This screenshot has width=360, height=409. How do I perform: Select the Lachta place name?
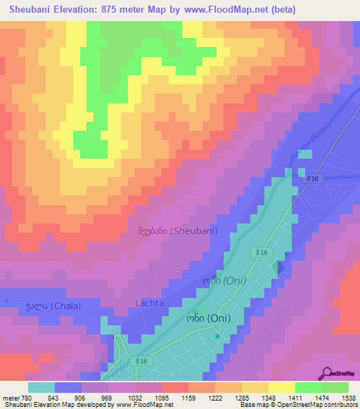coord(148,303)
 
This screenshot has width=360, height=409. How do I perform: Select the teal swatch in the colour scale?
coord(41,387)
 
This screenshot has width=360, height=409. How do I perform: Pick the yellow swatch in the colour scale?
coord(281,387)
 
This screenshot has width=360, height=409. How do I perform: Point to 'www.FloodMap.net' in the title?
coord(226,9)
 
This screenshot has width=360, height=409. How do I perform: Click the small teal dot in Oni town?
coord(217,337)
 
